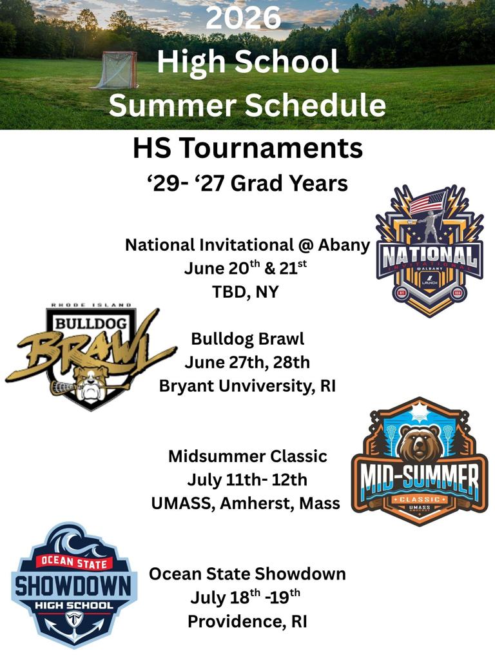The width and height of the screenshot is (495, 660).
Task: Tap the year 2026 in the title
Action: [243, 17]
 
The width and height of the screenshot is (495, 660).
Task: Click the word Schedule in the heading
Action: [315, 105]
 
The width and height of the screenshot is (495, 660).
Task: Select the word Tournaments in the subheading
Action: [273, 148]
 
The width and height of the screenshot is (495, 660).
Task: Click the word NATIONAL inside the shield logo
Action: [429, 257]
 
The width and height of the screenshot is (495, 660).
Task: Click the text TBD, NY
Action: [246, 292]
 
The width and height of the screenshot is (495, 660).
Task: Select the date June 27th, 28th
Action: [247, 362]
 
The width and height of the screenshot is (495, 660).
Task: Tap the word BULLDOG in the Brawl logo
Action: [91, 324]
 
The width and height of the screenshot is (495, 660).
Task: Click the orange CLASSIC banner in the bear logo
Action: [419, 500]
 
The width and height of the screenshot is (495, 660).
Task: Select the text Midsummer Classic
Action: [247, 456]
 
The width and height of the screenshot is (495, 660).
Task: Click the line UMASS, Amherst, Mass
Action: [246, 503]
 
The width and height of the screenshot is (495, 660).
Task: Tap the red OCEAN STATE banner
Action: [74, 562]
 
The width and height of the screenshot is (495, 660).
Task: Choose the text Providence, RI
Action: [247, 621]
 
